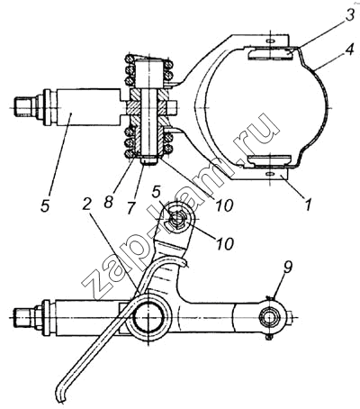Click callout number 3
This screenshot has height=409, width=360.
point(349,15)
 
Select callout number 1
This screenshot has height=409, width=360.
point(309,204)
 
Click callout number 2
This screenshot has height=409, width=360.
point(87,204)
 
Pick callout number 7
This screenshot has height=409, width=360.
point(130,207)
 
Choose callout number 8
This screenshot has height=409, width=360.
point(109,202)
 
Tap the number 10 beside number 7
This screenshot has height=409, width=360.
point(224,204)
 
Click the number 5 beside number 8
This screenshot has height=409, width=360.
point(46,206)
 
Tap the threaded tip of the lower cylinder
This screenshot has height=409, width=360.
point(22,318)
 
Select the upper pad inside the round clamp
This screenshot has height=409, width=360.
point(270,55)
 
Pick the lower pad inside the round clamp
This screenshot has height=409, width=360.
point(269,160)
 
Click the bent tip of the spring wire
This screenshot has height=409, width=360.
point(61,395)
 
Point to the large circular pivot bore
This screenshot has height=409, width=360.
point(149,318)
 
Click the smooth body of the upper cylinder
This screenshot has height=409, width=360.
point(87,107)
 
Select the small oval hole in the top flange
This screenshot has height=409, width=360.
point(270,41)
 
